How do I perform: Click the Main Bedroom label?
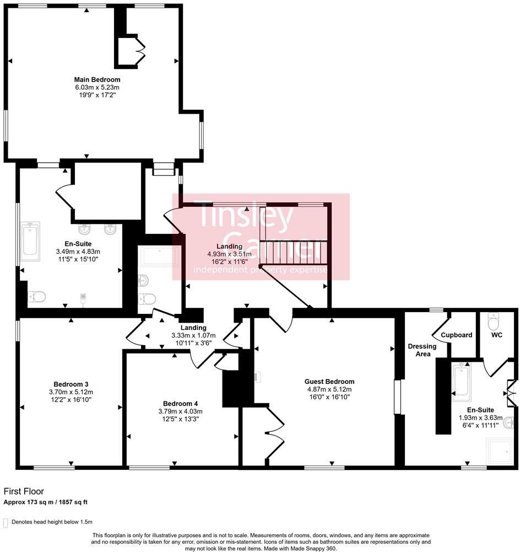click(97, 79)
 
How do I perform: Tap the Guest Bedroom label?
click(329, 382)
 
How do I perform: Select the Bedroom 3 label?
click(71, 384)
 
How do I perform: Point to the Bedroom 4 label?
click(180, 404)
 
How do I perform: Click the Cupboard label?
click(457, 335)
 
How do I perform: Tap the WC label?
click(497, 335)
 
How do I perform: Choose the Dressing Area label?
click(422, 350)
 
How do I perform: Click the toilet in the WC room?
click(493, 321)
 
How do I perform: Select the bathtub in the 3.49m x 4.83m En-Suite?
click(30, 242)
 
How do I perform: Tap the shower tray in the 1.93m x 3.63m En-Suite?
click(500, 451)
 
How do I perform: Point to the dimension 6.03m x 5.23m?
click(97, 87)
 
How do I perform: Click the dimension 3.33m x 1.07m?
click(193, 335)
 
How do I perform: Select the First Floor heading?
click(24, 491)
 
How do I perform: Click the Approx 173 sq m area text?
click(45, 502)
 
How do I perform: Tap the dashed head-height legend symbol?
click(6, 523)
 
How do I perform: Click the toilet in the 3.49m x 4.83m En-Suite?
click(37, 296)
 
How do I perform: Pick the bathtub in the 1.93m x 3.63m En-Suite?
click(462, 381)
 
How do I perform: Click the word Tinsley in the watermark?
click(246, 216)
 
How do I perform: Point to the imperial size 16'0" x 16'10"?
click(329, 397)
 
